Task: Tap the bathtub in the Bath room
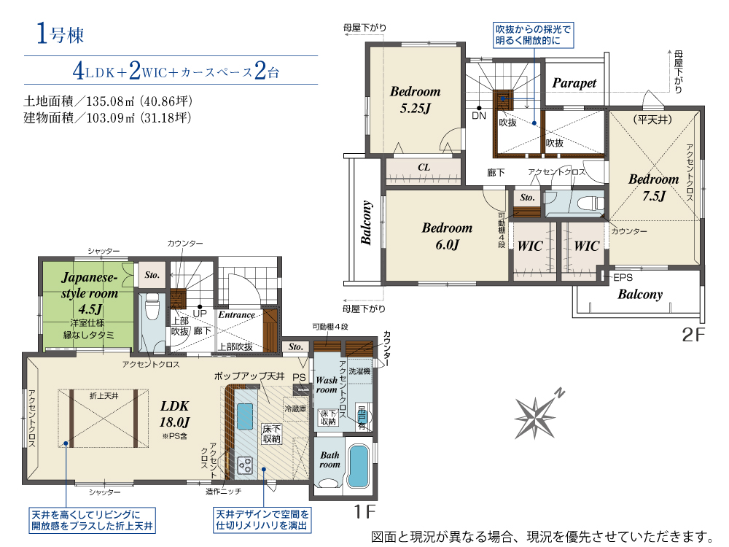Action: [359, 466]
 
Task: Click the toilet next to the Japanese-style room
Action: [152, 307]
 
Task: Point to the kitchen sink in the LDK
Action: [245, 416]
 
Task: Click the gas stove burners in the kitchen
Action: [244, 465]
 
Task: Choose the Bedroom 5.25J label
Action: [416, 99]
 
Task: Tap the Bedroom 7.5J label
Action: [654, 187]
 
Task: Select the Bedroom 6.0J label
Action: [447, 236]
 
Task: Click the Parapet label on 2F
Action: [574, 83]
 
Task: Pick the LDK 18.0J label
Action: [175, 414]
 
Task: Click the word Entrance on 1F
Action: [237, 315]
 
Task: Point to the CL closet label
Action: [424, 167]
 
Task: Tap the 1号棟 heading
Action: [61, 34]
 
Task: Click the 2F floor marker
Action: [694, 335]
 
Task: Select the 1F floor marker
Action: [365, 512]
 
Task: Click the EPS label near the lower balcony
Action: [623, 278]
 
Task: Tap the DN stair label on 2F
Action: [479, 115]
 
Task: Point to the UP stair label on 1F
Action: [200, 314]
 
